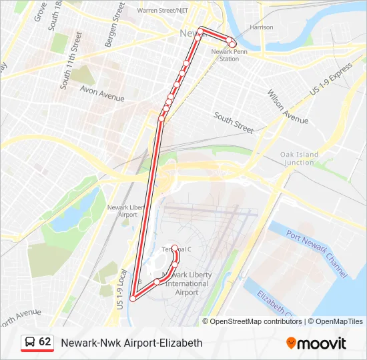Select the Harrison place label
261,27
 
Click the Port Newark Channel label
317,253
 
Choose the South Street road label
234,121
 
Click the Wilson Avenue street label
288,107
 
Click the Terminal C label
176,249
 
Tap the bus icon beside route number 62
29,342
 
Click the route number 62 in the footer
45,342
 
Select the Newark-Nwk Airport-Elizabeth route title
131,343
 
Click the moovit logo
316,343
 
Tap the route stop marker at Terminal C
175,248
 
